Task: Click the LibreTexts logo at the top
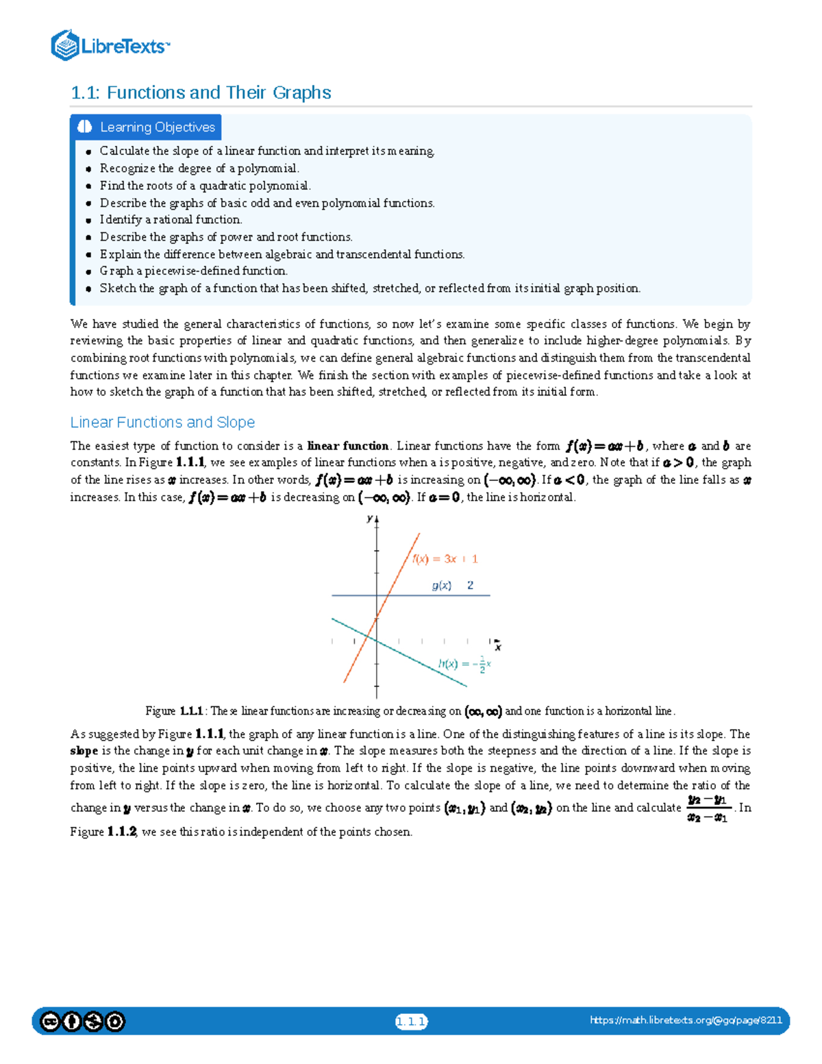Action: (x=110, y=45)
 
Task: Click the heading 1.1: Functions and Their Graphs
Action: (x=201, y=92)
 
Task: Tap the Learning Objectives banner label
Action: (x=157, y=127)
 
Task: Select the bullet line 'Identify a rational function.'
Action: (x=171, y=220)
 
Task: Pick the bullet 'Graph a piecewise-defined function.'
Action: (x=193, y=271)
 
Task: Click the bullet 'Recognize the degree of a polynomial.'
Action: (x=199, y=169)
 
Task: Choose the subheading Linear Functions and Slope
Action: (x=162, y=422)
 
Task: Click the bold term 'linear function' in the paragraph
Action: (x=348, y=446)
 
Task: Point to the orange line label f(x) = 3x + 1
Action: (x=445, y=559)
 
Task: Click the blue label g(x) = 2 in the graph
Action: (x=452, y=585)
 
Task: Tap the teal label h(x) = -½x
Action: (x=464, y=664)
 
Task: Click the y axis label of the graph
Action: (x=369, y=519)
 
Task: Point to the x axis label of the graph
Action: (x=498, y=647)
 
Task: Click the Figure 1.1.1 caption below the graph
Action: (x=410, y=711)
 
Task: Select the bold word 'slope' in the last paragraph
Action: (x=84, y=751)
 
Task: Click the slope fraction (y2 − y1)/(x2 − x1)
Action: (x=707, y=808)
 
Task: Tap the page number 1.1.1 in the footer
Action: (x=411, y=1022)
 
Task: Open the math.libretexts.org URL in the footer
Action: (x=686, y=1020)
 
